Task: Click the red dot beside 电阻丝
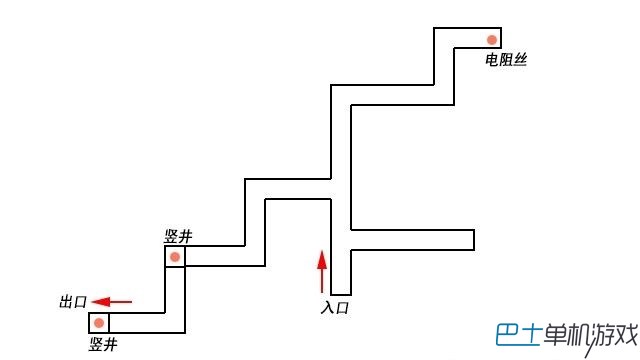(x=492, y=40)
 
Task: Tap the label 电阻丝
(x=506, y=60)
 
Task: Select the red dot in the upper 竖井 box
(x=175, y=257)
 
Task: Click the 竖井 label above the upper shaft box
(x=178, y=236)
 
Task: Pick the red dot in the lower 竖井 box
(x=99, y=323)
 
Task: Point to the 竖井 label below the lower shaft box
(x=103, y=344)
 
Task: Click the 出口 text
(x=73, y=302)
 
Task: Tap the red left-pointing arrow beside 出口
(x=112, y=302)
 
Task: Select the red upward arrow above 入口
(x=322, y=272)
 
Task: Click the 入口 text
(x=335, y=307)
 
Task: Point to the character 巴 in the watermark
(x=508, y=335)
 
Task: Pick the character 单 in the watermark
(x=555, y=335)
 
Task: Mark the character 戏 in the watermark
(x=626, y=335)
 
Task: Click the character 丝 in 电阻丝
(x=520, y=60)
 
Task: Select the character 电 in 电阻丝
(x=491, y=60)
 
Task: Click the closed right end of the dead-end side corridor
(x=474, y=240)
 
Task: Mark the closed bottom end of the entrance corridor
(x=341, y=294)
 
